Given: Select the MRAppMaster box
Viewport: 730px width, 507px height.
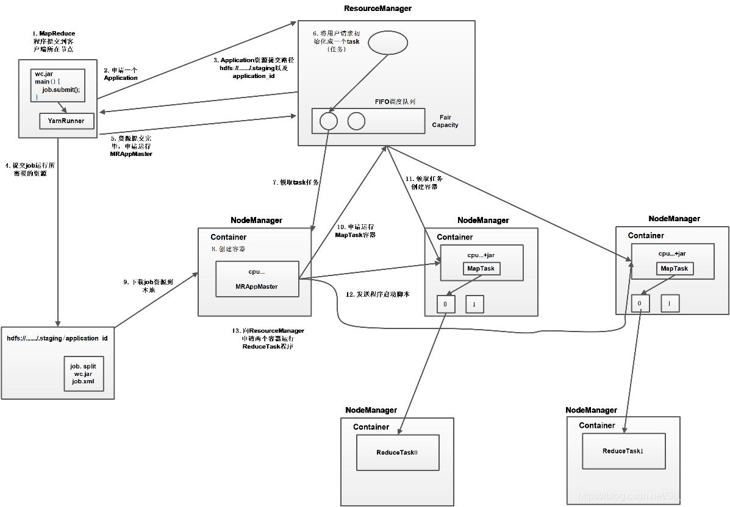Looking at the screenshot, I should pyautogui.click(x=257, y=279).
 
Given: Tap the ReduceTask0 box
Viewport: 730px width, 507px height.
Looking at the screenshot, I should pyautogui.click(x=398, y=452).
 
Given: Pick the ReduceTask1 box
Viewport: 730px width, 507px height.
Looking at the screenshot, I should pyautogui.click(x=623, y=451).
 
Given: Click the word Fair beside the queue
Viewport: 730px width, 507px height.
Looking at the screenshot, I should pyautogui.click(x=446, y=117).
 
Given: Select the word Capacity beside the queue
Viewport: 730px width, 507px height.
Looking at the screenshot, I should pyautogui.click(x=445, y=125).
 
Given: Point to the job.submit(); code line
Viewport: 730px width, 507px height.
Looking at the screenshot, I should pyautogui.click(x=61, y=89).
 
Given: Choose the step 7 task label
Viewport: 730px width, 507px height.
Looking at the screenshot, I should pyautogui.click(x=296, y=182).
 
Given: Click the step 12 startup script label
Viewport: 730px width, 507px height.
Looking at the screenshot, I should pyautogui.click(x=378, y=294).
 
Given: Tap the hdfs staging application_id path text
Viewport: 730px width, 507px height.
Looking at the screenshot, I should pyautogui.click(x=57, y=338).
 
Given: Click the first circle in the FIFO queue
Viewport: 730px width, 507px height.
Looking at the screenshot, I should pyautogui.click(x=328, y=121).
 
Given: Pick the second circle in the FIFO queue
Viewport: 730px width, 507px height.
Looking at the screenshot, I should pyautogui.click(x=356, y=121).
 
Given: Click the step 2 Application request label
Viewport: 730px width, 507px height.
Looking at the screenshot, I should pyautogui.click(x=121, y=74).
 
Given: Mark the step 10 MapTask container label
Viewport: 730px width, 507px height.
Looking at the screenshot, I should pyautogui.click(x=356, y=231).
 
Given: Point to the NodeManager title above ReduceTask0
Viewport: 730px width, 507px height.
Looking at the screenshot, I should pyautogui.click(x=371, y=410).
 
